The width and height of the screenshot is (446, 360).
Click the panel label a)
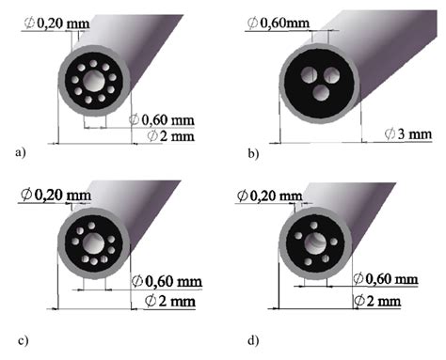point(20,152)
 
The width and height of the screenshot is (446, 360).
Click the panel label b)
point(253,153)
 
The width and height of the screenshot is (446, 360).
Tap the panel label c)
point(23,340)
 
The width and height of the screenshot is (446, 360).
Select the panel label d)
point(253,340)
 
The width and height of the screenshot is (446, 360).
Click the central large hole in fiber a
point(94,81)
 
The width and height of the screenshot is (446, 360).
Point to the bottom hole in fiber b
point(321,93)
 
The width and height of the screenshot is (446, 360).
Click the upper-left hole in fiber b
point(309,74)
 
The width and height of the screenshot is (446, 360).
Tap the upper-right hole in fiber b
point(332,75)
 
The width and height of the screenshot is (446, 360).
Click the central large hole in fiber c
point(93,243)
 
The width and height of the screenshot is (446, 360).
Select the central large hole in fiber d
point(316,243)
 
